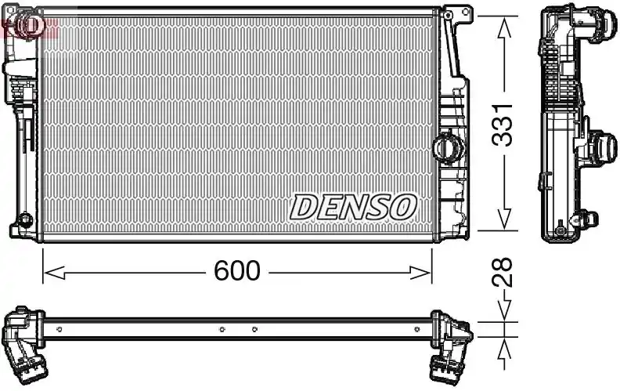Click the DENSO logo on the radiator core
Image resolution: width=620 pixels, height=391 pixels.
[353, 207]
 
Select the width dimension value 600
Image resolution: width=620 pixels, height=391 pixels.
[237, 270]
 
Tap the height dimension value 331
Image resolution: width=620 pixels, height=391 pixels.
[502, 125]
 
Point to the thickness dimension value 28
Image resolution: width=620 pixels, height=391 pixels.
[502, 272]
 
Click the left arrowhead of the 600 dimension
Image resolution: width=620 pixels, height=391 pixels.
[54, 273]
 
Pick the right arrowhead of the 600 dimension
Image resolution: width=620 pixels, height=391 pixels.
[420, 273]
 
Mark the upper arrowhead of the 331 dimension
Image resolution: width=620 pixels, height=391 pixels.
[504, 27]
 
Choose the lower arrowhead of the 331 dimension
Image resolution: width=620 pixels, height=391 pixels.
[504, 219]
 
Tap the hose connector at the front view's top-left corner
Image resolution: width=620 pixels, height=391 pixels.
[27, 24]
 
